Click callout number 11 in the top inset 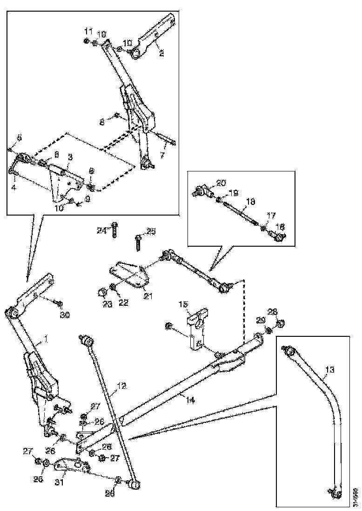88,31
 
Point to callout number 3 13,187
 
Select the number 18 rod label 250,203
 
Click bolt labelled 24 114,231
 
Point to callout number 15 183,304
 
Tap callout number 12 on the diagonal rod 122,385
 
